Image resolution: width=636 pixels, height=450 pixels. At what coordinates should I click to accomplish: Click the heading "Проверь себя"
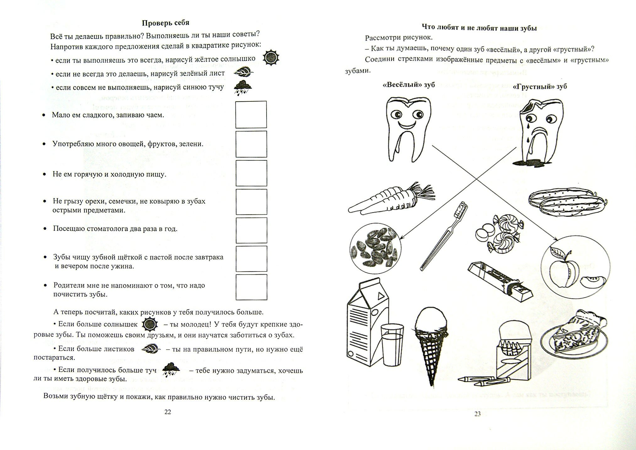(x=165, y=23)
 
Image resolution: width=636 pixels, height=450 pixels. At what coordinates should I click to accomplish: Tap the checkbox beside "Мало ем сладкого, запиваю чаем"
(x=251, y=115)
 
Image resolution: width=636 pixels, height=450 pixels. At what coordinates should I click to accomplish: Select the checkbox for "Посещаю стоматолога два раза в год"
(x=251, y=230)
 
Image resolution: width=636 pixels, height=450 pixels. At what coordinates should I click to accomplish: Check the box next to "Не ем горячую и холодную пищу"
(x=251, y=173)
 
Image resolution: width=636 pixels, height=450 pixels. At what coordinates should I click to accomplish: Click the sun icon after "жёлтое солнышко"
(x=271, y=57)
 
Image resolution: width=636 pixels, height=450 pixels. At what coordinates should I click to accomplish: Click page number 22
(x=168, y=412)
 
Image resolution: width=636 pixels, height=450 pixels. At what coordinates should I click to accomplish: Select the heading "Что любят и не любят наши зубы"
(x=479, y=28)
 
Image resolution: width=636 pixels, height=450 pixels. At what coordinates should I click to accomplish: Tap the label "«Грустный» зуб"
(x=540, y=86)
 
